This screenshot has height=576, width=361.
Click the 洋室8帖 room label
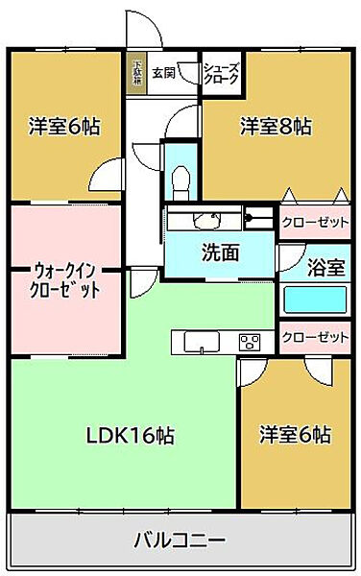pyautogui.click(x=275, y=125)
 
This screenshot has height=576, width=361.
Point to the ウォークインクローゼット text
pyautogui.click(x=65, y=278)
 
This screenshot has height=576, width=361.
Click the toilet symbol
pyautogui.click(x=179, y=179)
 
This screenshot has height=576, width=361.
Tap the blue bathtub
pyautogui.click(x=316, y=300)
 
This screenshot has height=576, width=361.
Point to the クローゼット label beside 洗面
pyautogui.click(x=315, y=221)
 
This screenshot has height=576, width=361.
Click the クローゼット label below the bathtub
pyautogui.click(x=315, y=336)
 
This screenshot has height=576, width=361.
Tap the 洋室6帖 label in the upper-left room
pyautogui.click(x=64, y=125)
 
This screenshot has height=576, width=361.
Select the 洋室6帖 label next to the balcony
pyautogui.click(x=295, y=435)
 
